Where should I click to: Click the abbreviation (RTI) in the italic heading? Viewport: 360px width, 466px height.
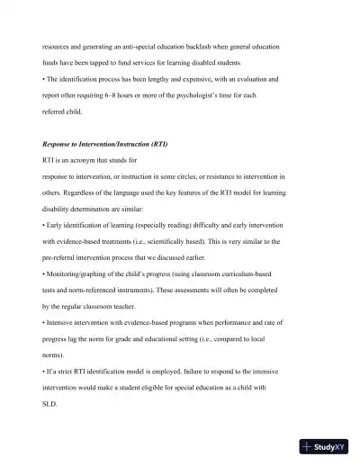[x=154, y=144]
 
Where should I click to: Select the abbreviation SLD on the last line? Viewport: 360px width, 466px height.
[x=49, y=404]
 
